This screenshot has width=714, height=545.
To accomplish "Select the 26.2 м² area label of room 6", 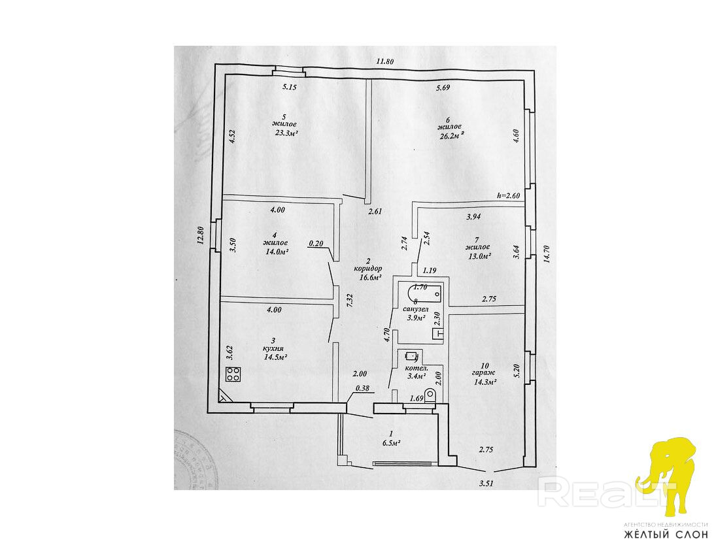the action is (450, 135).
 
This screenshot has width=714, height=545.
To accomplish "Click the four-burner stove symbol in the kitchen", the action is (233, 374).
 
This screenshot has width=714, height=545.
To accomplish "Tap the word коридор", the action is (367, 269).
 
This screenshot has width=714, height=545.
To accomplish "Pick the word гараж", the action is (484, 374).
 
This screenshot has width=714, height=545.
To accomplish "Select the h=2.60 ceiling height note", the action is (508, 195).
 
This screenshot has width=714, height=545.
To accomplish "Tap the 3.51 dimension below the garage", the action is (486, 484).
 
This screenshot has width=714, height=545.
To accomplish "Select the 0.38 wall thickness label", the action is (362, 388).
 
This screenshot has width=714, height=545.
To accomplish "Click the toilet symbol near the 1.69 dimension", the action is (430, 396).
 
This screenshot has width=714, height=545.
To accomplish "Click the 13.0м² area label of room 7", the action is (478, 256).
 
